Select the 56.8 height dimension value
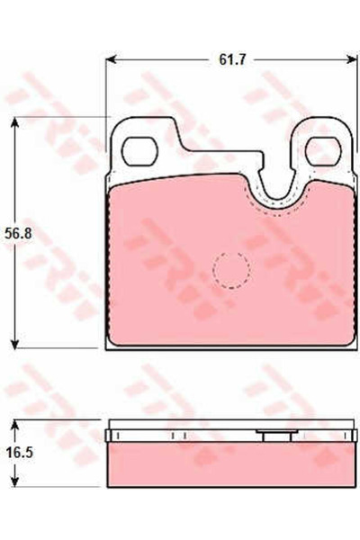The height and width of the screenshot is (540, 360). (18, 233)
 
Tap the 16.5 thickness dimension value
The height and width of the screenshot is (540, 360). (19, 452)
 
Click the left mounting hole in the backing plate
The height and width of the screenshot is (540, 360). (139, 151)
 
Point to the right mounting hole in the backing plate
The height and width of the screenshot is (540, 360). (323, 151)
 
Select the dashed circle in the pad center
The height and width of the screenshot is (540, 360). (231, 270)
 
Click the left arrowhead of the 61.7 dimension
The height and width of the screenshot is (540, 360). (111, 59)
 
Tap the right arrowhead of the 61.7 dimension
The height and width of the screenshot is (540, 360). (352, 59)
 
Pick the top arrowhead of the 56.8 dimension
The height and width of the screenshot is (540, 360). (14, 122)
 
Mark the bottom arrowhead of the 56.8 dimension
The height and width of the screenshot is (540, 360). (14, 344)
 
